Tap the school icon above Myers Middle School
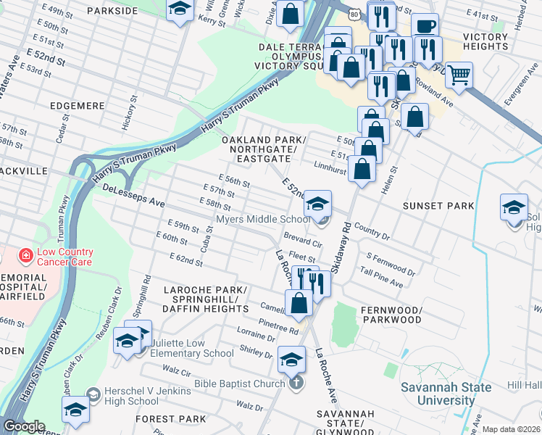(317, 204)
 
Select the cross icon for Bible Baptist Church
(295, 383)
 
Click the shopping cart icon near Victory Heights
(459, 73)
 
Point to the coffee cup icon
(425, 26)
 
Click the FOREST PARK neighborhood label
(170, 419)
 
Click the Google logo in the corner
(23, 426)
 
